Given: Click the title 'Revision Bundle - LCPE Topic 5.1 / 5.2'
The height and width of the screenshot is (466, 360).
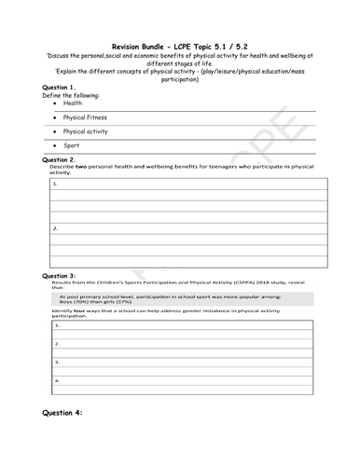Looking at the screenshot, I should click(179, 47).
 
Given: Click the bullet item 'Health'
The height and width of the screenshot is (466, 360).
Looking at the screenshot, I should click(73, 104).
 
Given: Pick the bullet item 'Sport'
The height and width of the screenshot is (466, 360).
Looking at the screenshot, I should click(71, 146).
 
